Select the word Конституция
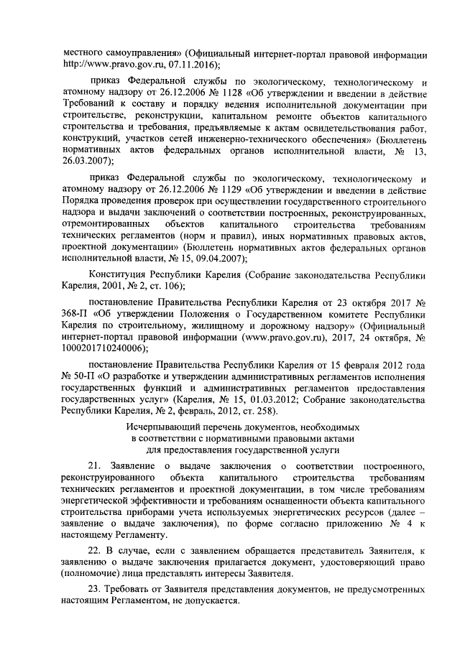[117, 275]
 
